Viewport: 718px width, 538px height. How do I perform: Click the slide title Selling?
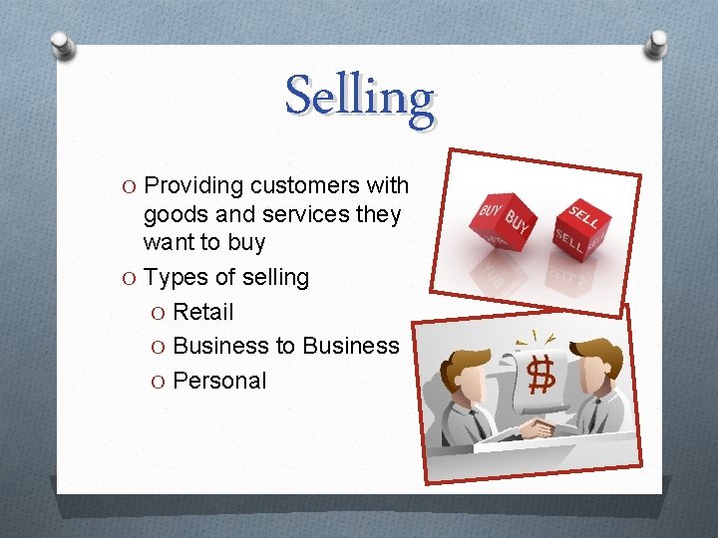point(360,98)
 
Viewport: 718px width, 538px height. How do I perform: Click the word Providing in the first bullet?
point(194,186)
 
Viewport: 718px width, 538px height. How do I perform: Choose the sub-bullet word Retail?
point(203,312)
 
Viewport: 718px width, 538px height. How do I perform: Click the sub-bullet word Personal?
point(219,381)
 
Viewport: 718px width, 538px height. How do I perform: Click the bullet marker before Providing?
point(130,187)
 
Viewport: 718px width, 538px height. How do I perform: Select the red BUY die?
point(506,222)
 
